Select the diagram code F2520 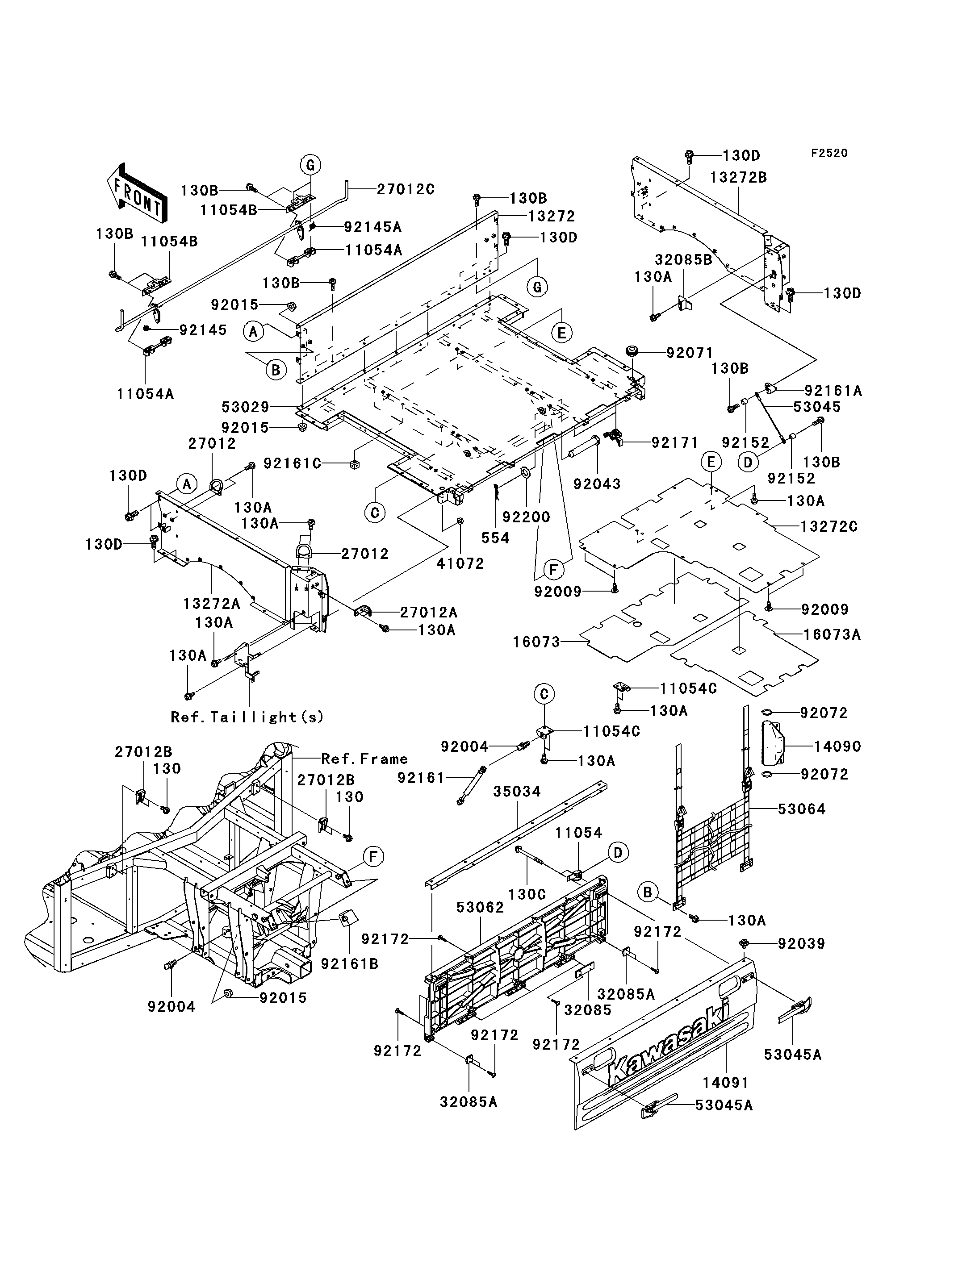tap(829, 153)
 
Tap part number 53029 tap(245, 407)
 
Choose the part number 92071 tap(690, 353)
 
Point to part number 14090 tap(837, 746)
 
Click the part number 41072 tap(460, 563)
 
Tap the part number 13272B tap(738, 177)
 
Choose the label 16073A tap(832, 634)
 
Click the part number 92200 tap(526, 517)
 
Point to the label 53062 tap(480, 907)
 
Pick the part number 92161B tap(350, 964)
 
